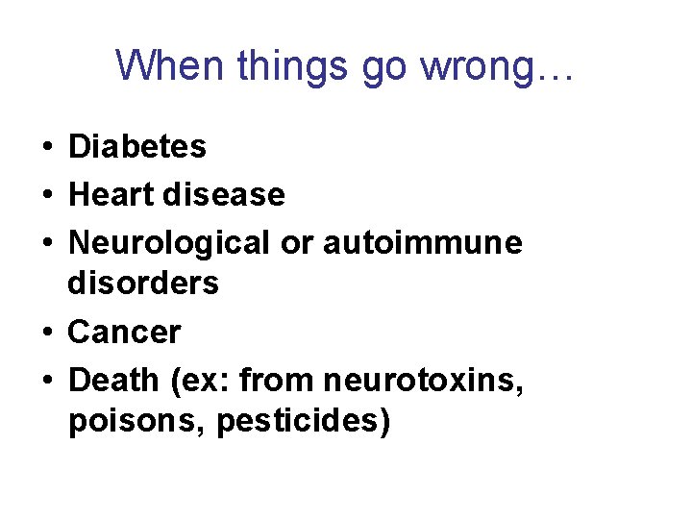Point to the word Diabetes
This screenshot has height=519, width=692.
[x=137, y=147]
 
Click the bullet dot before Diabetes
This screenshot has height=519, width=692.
[x=46, y=148]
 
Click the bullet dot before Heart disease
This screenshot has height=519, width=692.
[x=46, y=196]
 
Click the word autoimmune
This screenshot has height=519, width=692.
[x=423, y=243]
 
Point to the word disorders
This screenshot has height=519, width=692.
[x=143, y=284]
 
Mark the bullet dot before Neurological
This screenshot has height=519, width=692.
[x=46, y=244]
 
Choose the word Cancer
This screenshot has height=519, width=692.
[x=124, y=333]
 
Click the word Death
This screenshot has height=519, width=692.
[x=113, y=381]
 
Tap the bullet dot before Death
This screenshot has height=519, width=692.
[x=46, y=382]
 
